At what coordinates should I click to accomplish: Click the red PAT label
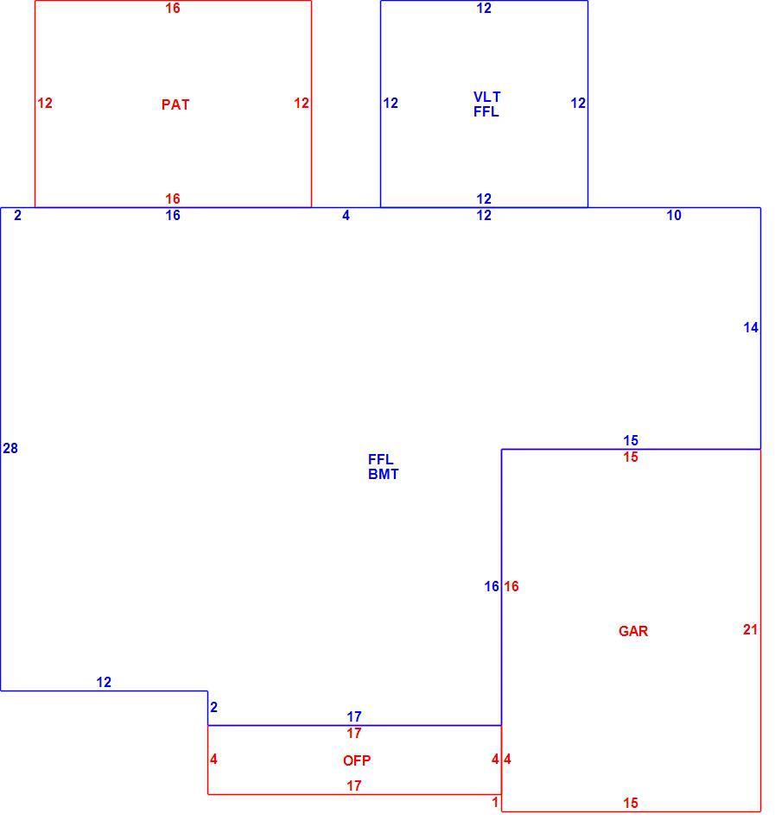(x=175, y=104)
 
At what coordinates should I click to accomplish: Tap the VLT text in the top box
(x=486, y=97)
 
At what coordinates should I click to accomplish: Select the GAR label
(x=633, y=631)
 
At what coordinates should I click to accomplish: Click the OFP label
(x=357, y=760)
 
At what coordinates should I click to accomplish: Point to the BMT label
(x=383, y=475)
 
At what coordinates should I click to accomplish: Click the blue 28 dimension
(x=10, y=448)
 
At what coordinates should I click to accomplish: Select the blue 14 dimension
(x=751, y=327)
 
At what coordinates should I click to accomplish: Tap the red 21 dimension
(x=751, y=629)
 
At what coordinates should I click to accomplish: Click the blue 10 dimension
(x=674, y=215)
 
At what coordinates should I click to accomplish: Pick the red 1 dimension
(x=495, y=802)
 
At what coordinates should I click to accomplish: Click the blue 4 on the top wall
(x=346, y=215)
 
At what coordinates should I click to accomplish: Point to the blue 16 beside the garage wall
(x=492, y=586)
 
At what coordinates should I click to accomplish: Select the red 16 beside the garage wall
(x=511, y=586)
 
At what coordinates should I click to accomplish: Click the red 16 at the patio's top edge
(x=173, y=8)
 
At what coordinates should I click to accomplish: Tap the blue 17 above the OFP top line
(x=354, y=716)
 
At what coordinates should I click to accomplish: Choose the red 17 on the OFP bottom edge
(x=354, y=785)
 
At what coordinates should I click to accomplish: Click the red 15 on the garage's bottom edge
(x=631, y=803)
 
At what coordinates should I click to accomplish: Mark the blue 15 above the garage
(x=631, y=440)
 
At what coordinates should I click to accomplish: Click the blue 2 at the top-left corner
(x=18, y=215)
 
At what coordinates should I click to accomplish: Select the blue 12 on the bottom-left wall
(x=104, y=682)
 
